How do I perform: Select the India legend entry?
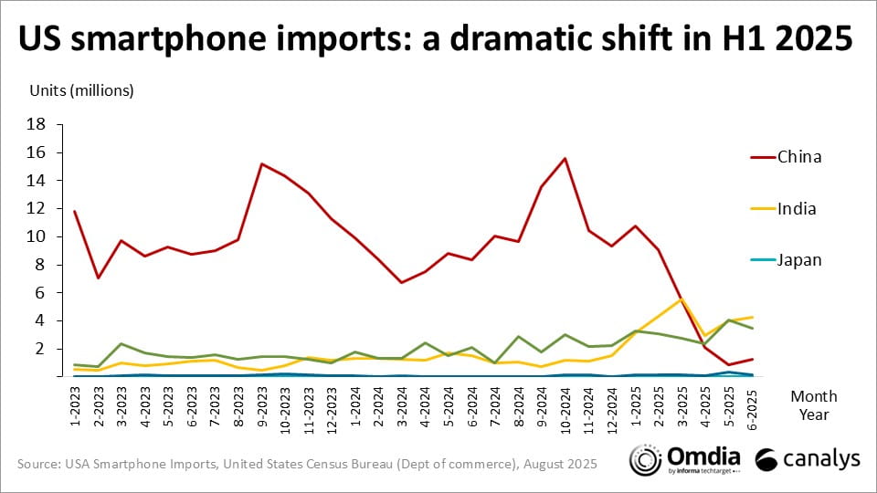click(x=798, y=208)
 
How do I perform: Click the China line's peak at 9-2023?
click(x=261, y=164)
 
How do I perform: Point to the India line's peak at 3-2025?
click(x=680, y=299)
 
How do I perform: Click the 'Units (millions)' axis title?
click(x=82, y=90)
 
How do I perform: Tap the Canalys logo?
click(x=808, y=460)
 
